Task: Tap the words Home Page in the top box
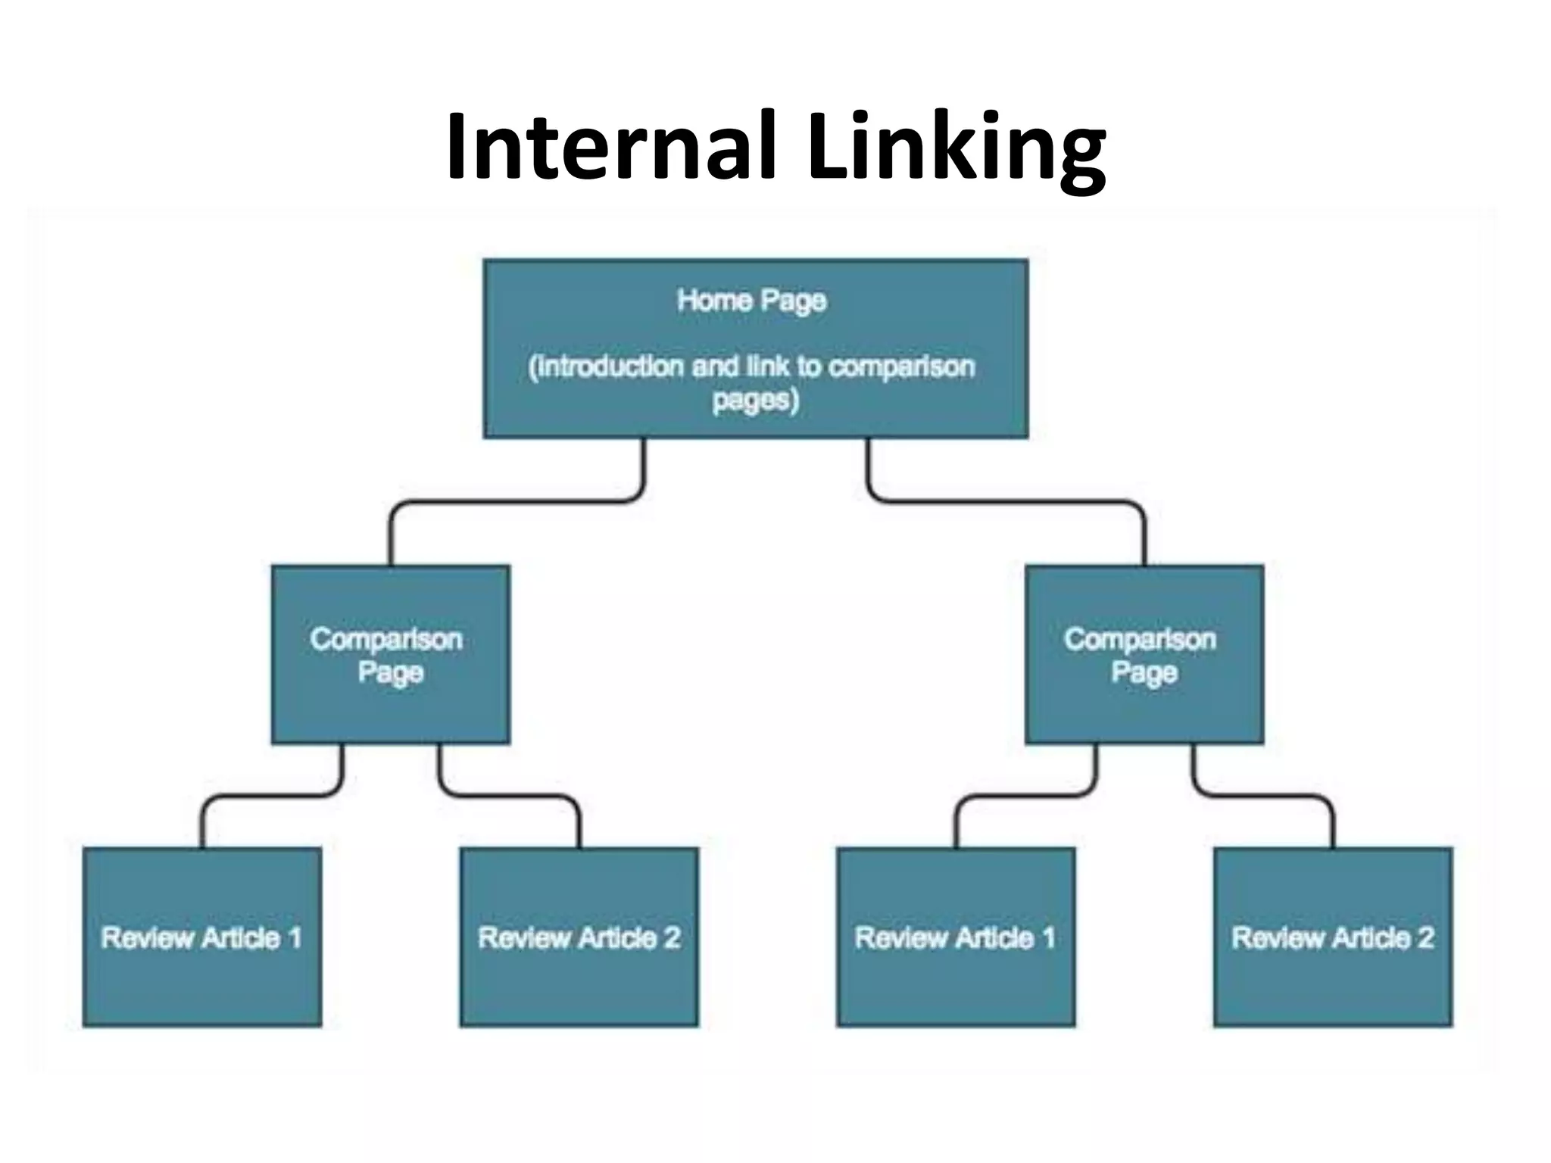751,301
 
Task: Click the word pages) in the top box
755,400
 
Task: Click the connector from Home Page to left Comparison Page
515,501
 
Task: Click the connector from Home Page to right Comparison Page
1007,501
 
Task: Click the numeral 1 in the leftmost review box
295,937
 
